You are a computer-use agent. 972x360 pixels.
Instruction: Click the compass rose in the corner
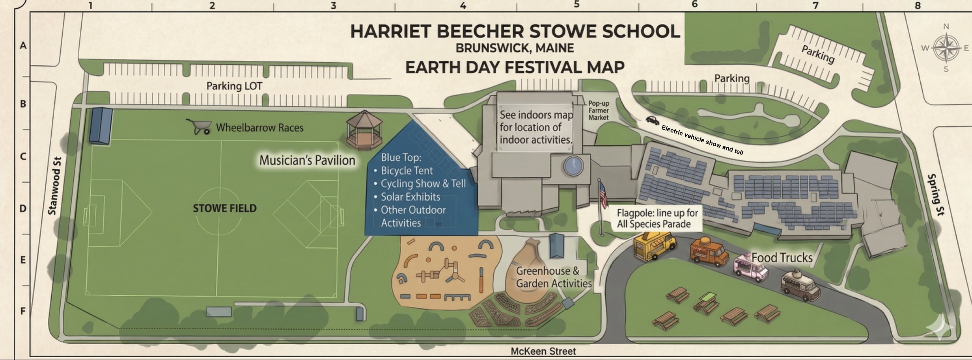(946, 48)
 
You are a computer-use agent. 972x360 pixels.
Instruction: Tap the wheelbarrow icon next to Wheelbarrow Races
(199, 127)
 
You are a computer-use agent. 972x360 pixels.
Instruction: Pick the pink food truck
(750, 268)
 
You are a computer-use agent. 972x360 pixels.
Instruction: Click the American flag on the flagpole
(603, 194)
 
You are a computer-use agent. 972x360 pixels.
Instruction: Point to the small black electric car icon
(652, 120)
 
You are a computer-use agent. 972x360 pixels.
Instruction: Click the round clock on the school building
(573, 166)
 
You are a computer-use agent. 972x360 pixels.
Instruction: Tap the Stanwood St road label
(54, 186)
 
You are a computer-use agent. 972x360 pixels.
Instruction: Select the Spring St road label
(936, 194)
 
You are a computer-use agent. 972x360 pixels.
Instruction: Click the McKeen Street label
(543, 351)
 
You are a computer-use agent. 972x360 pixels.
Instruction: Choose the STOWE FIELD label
(225, 208)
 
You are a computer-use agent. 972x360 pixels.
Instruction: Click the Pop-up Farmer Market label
(598, 110)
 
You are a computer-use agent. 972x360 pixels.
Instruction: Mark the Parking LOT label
(234, 86)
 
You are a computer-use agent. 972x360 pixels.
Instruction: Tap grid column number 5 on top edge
(577, 5)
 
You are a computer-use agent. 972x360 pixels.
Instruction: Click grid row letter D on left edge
(23, 209)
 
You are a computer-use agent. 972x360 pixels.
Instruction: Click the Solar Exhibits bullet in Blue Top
(410, 197)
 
